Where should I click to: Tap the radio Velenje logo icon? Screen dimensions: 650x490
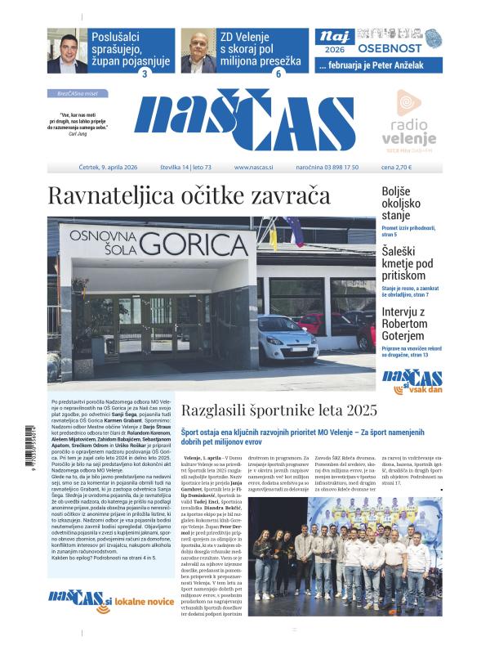point(408,103)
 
